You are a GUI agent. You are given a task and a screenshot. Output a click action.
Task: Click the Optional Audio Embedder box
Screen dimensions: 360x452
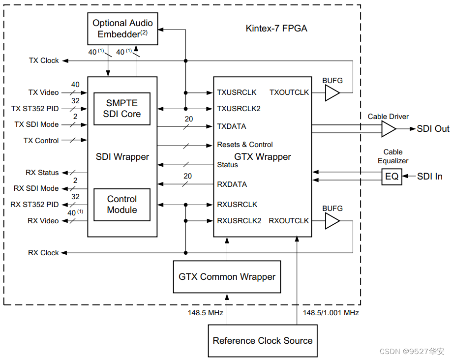(122, 29)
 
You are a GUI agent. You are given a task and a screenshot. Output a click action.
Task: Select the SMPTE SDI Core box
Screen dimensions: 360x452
(122, 109)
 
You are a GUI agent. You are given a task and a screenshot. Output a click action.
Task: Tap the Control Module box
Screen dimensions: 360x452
(122, 205)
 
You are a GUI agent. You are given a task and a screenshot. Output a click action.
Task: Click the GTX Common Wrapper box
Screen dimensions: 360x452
(227, 277)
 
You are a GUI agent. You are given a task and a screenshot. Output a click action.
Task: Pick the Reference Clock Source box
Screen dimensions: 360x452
(262, 340)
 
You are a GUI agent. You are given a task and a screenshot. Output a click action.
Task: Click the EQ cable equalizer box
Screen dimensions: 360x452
(392, 177)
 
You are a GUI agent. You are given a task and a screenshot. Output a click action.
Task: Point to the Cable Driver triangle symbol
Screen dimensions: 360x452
(388, 129)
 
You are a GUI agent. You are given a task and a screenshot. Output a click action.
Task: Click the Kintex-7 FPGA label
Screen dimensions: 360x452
(276, 29)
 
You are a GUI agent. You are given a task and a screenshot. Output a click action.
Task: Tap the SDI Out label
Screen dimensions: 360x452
(433, 129)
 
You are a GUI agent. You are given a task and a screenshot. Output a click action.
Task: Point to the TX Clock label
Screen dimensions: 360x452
(44, 60)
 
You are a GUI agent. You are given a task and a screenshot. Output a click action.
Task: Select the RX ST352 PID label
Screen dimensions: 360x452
(36, 205)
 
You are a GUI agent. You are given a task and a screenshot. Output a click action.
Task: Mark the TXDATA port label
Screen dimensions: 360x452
(232, 126)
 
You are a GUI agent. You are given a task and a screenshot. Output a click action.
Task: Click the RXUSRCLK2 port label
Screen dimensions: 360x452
(239, 221)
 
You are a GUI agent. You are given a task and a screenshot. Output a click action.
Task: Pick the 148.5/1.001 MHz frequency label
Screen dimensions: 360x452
(331, 313)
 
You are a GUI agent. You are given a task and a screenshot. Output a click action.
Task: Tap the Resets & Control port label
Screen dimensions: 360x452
(245, 145)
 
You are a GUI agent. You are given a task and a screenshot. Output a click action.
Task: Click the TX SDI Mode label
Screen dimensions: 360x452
(36, 124)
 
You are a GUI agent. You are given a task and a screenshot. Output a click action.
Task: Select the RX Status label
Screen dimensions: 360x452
(42, 173)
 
